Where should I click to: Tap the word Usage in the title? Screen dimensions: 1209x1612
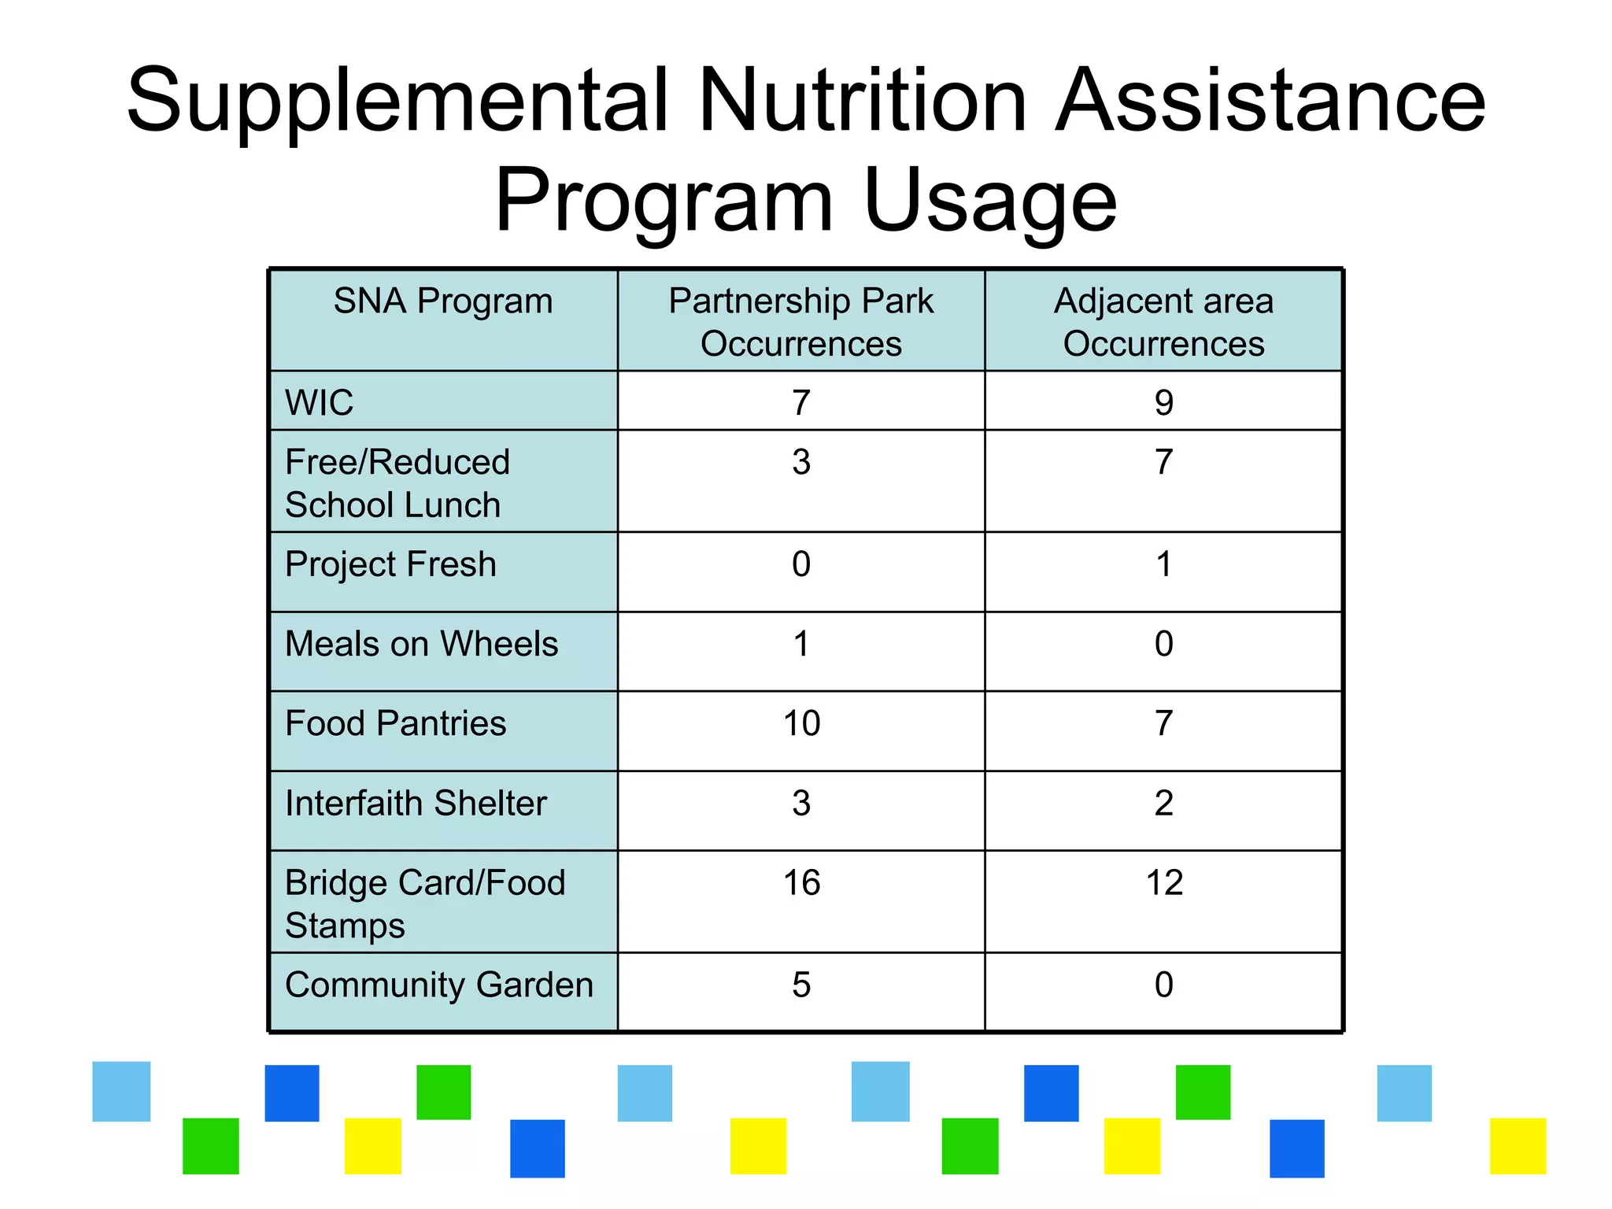(989, 201)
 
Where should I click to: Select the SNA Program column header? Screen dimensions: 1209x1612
(443, 301)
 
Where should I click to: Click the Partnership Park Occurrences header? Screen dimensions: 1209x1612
(800, 322)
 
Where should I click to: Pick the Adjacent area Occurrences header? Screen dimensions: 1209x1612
(1163, 322)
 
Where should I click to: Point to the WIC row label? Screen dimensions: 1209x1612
(319, 403)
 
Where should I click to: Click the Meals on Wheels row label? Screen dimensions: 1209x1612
(421, 644)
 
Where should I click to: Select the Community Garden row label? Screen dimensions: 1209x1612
(438, 985)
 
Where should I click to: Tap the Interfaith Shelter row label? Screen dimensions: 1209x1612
(416, 804)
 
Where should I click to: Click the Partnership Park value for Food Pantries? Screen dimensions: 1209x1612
(801, 723)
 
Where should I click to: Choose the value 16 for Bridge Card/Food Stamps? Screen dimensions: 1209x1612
(801, 883)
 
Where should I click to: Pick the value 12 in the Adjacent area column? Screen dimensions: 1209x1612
(1163, 883)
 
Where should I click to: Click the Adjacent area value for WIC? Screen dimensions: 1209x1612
(1163, 403)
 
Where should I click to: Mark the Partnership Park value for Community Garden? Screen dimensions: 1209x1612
(801, 985)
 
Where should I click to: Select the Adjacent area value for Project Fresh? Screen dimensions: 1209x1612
(1163, 564)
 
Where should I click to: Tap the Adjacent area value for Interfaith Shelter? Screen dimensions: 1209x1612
(1163, 804)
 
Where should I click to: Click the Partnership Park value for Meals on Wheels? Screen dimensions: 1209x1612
(801, 644)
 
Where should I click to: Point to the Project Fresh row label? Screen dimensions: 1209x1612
(390, 564)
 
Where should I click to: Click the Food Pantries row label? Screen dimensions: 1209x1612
(395, 723)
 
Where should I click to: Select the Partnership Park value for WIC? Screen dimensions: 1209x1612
(801, 403)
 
